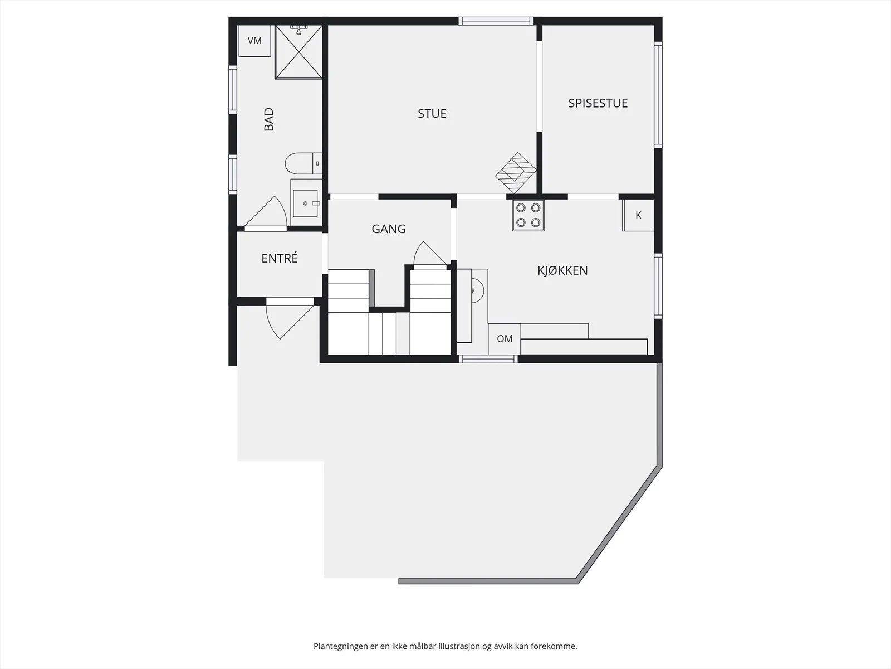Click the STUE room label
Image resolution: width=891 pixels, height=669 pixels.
(432, 113)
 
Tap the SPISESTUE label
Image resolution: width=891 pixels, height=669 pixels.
(598, 103)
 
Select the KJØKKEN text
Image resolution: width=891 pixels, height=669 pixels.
(562, 270)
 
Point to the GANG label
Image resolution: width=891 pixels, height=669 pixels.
(389, 229)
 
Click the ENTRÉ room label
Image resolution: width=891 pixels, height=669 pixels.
(280, 258)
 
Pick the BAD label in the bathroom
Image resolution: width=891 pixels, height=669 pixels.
(269, 119)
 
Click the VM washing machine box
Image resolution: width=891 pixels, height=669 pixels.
(254, 41)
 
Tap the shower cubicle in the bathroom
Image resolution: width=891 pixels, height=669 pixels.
(298, 52)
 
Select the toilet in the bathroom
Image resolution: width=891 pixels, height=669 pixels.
(303, 163)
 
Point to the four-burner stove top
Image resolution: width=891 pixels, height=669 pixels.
(528, 216)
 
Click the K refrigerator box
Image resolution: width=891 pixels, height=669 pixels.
(638, 215)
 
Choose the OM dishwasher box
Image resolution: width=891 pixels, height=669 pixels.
(505, 339)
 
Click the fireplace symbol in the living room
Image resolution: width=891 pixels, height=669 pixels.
(516, 173)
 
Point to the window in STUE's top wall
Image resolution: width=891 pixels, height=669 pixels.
(496, 21)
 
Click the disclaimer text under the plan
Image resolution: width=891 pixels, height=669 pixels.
(445, 646)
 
